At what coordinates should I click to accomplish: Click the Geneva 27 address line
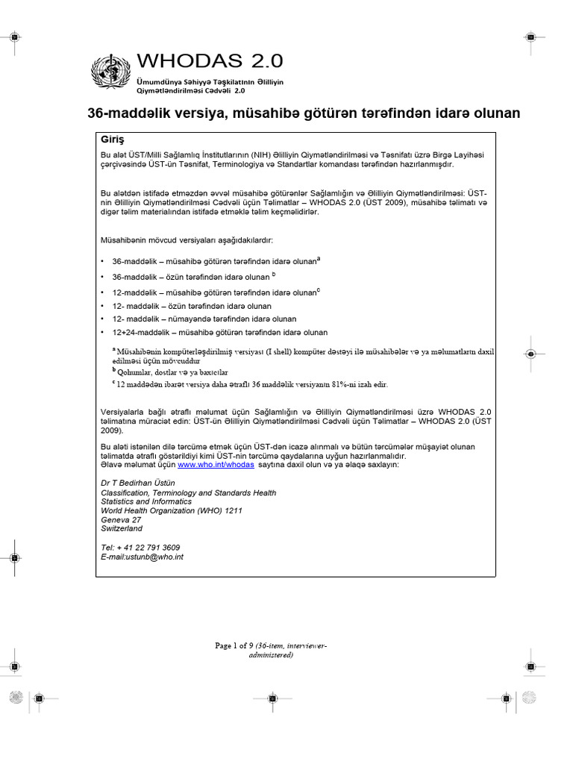[x=121, y=519]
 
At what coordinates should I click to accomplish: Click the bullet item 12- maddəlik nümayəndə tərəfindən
[x=204, y=319]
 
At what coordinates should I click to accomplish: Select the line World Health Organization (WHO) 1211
[x=172, y=510]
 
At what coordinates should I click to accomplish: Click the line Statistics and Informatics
[x=146, y=501]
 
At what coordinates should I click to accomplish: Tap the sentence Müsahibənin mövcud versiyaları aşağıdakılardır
[x=187, y=241]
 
